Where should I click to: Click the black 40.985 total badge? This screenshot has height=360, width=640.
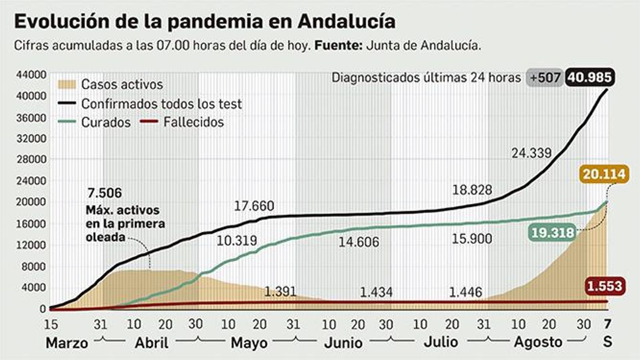click(590, 77)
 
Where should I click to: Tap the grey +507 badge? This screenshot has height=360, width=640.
click(545, 78)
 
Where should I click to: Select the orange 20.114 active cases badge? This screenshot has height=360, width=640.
click(604, 174)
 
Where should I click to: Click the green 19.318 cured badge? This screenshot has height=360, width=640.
click(552, 232)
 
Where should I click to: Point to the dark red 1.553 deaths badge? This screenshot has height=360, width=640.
click(604, 286)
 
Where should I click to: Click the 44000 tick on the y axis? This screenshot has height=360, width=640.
click(31, 75)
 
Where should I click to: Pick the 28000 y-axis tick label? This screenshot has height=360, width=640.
click(31, 159)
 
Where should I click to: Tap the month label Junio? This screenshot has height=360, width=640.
click(343, 343)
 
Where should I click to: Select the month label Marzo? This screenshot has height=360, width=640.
click(67, 343)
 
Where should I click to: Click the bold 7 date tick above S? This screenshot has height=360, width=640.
click(608, 324)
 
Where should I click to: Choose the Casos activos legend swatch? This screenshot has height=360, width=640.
click(66, 84)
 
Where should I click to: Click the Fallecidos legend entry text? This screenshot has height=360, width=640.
click(194, 122)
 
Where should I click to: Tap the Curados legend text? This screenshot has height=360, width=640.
click(106, 122)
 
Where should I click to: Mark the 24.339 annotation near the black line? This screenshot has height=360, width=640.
click(531, 153)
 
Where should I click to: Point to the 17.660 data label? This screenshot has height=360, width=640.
click(254, 206)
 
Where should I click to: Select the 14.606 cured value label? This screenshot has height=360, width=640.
click(358, 242)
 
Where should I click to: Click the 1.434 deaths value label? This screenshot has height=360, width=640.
click(376, 292)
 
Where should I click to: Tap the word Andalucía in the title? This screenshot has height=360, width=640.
click(346, 22)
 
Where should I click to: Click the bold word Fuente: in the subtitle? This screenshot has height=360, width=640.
click(338, 45)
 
